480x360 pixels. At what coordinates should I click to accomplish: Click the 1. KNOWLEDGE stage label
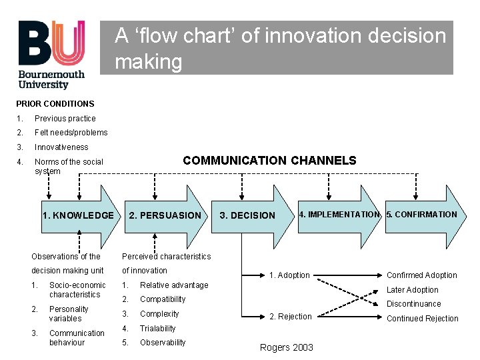coord(78,215)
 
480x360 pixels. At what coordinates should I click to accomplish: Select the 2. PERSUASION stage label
coord(165,215)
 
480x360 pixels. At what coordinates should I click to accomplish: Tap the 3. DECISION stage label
coord(247,215)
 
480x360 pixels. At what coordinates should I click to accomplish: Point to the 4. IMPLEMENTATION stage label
coord(339,215)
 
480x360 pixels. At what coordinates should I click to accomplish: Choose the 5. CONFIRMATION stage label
coord(422,215)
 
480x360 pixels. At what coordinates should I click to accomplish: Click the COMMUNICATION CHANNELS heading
coord(269,161)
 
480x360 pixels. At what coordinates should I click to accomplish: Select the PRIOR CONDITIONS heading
coord(55,104)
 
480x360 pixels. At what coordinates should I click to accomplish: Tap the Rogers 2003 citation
coord(287,347)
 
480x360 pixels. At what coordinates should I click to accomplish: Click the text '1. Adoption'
coord(289,275)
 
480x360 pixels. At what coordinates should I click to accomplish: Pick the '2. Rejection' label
coord(290,317)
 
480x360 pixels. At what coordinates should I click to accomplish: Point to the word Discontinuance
coord(414,304)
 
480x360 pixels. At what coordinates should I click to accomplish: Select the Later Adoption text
coord(413,290)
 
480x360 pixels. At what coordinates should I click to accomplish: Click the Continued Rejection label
coord(423,319)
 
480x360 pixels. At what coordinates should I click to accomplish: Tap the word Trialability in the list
coord(158,329)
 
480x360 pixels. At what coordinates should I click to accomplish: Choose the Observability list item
coord(163,343)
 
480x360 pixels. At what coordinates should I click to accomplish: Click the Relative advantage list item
coord(174,285)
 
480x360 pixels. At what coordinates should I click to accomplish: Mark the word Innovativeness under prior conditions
coord(61,147)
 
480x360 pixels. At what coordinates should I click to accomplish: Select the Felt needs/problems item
coord(71,133)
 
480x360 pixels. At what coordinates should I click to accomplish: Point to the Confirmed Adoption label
coord(422,275)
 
